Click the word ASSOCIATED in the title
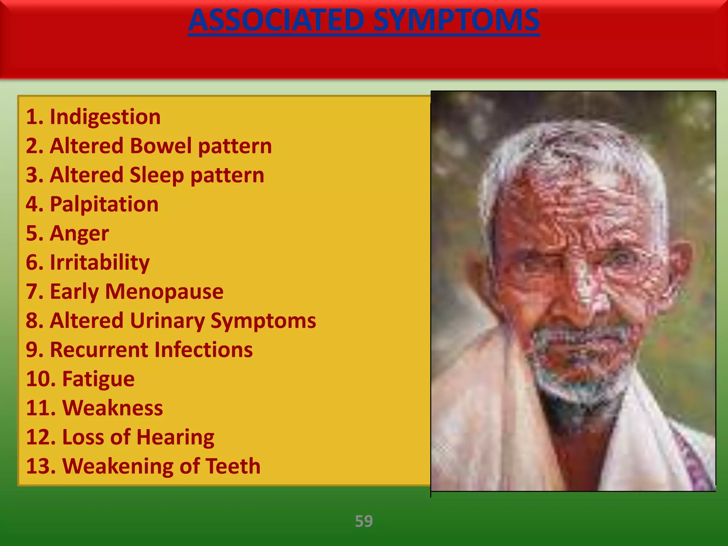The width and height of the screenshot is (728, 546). coord(277,21)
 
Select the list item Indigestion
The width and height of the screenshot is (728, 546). coord(105,117)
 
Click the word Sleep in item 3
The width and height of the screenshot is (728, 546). coord(157,175)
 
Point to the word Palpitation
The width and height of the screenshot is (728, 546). coord(104,204)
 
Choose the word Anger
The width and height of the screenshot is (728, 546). coord(79,234)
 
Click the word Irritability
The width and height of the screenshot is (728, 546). coord(100,262)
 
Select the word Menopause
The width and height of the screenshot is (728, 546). coord(164,291)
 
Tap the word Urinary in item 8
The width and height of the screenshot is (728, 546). coord(167,321)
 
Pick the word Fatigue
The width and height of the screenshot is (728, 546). coord(98,379)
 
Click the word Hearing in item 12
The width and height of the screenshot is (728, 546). coord(175,437)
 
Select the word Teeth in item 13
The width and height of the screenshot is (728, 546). coord(233,466)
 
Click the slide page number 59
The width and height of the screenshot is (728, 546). coord(364,521)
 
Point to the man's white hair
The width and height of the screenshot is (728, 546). coord(569,149)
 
